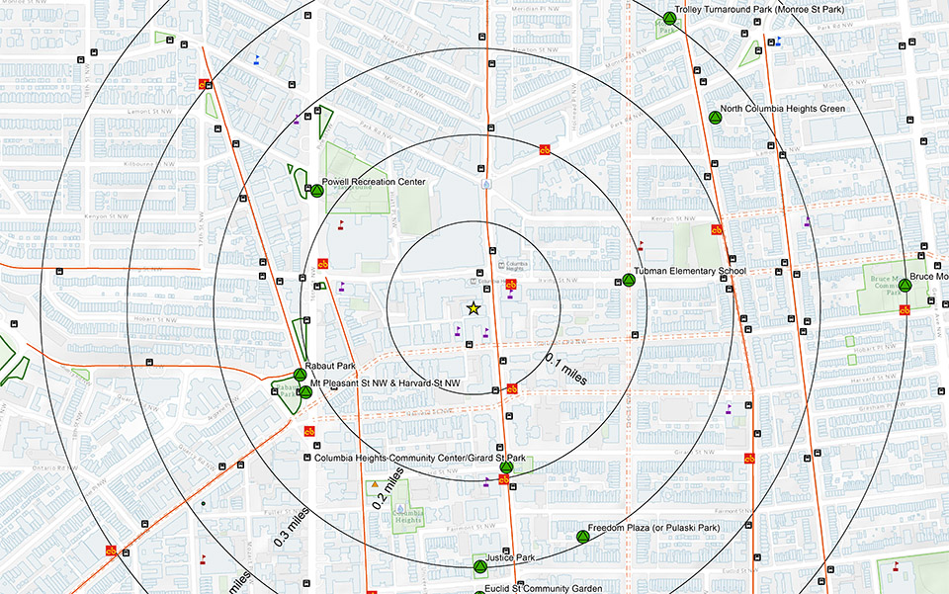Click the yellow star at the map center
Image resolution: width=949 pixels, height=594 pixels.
point(473,309)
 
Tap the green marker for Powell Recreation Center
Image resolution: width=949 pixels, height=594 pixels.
point(317,191)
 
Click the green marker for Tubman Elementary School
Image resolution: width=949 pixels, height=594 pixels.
point(627,281)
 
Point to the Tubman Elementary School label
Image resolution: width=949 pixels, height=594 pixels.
point(689,271)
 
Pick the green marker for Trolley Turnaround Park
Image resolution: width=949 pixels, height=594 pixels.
point(669,18)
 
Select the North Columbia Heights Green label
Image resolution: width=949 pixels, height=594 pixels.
point(783,108)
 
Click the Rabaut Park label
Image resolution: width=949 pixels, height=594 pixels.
point(323,366)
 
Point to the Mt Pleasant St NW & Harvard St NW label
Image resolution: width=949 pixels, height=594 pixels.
point(386,382)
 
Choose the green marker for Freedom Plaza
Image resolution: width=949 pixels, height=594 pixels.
point(582,537)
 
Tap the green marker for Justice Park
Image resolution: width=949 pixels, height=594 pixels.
point(479,567)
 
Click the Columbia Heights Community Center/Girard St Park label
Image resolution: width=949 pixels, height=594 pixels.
point(420,458)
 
